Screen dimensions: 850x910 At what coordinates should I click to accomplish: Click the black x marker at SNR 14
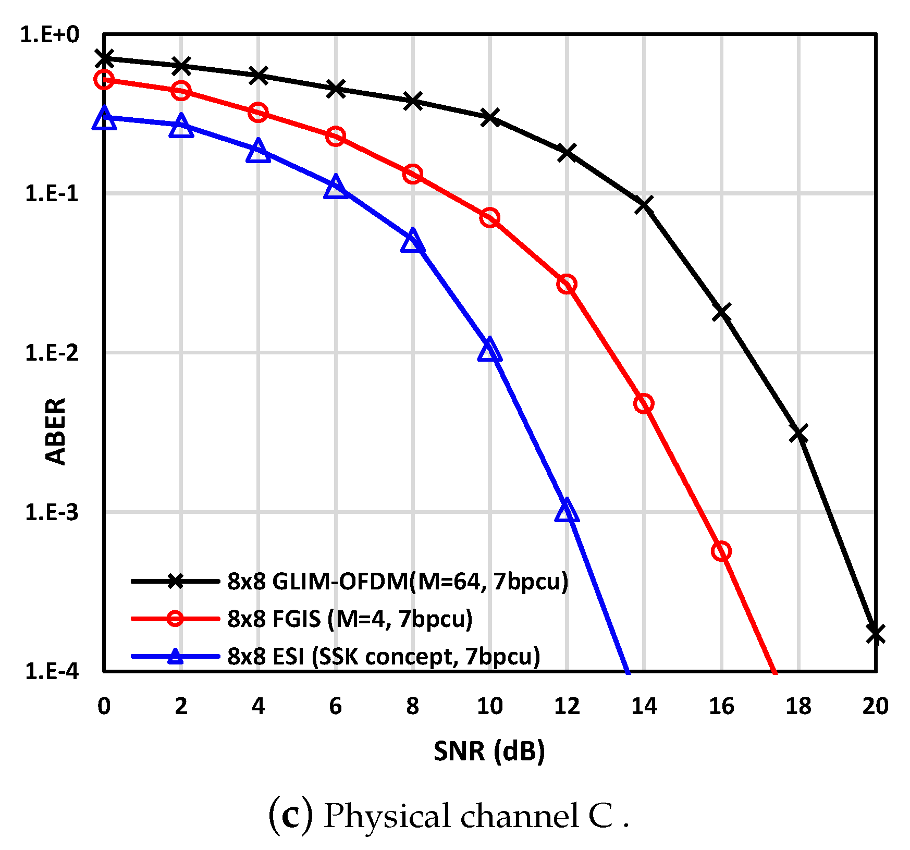644,205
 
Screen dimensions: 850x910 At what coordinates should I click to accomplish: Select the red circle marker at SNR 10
489,217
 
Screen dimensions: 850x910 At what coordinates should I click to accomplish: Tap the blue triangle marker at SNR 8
412,241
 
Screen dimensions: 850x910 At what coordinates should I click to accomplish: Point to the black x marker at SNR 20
876,634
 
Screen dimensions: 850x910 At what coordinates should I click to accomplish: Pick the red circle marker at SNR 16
721,551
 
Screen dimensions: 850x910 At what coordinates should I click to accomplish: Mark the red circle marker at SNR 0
104,80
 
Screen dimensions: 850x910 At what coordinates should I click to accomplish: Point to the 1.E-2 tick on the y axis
52,353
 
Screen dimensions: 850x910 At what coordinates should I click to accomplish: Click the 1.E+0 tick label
50,34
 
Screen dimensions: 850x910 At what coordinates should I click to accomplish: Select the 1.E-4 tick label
52,671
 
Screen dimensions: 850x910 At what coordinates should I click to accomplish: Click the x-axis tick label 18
798,706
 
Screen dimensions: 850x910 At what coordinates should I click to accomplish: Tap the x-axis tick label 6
335,706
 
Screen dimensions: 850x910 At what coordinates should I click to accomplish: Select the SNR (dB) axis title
489,750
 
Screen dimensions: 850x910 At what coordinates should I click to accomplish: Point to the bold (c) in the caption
291,816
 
